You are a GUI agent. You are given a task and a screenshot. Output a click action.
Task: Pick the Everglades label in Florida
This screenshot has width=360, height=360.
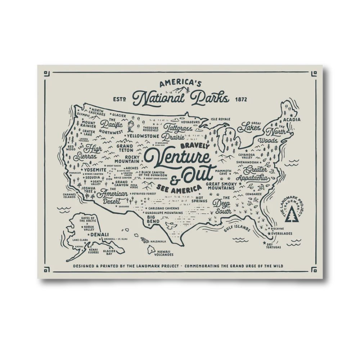pyautogui.click(x=280, y=233)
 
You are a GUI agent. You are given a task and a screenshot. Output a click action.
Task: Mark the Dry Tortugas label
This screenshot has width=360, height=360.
pyautogui.click(x=274, y=245)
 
